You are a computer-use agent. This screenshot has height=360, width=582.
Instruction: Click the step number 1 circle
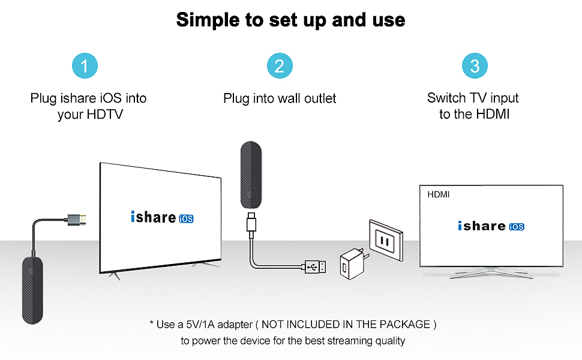pos(85,65)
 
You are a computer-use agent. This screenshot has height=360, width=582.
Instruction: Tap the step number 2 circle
pos(279,65)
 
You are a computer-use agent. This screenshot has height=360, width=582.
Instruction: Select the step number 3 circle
pos(475,65)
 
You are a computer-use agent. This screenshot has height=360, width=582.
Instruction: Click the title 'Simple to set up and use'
pos(290,20)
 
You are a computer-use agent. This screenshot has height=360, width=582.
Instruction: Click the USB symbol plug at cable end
pos(316,266)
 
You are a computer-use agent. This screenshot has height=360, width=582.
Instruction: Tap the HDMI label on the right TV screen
pos(439,194)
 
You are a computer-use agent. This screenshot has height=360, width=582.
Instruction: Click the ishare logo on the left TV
pos(153,217)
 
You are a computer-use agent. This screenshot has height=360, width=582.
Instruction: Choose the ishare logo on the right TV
pos(482,226)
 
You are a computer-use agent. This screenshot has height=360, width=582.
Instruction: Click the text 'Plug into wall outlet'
pos(280,98)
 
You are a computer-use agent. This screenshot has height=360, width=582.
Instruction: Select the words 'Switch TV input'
pos(473,98)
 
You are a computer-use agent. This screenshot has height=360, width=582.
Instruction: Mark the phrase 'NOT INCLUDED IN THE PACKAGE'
pos(347,325)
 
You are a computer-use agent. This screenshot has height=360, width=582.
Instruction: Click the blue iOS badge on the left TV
pos(186,218)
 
